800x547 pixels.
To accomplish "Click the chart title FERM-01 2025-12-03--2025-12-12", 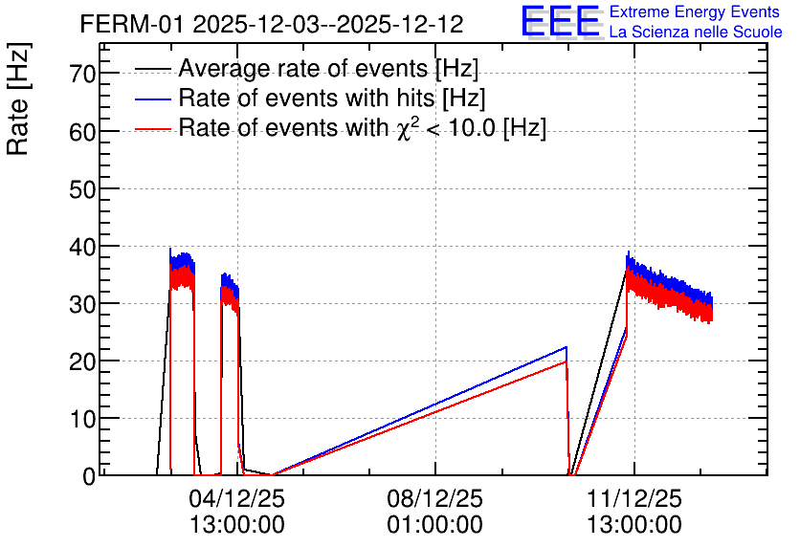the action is pos(272,24).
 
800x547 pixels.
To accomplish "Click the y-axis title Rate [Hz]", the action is pos(18,99).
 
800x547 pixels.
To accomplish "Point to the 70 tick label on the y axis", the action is pos(82,75).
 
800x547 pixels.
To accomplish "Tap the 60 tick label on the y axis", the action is pos(82,132).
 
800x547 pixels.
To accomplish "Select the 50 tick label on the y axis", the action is pos(82,189).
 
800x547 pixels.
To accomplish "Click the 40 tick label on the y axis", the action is pos(82,247).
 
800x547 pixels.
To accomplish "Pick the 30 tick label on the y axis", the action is pos(82,304).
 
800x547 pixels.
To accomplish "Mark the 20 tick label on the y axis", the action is pos(82,361).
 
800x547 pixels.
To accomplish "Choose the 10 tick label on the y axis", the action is pos(82,419).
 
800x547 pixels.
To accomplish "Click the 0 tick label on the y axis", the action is pos(89,476).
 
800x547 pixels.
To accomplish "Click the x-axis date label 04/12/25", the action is pos(237,498).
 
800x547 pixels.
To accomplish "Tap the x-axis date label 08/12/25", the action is pos(435,498).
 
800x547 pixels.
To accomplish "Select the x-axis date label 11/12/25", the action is pos(634,498).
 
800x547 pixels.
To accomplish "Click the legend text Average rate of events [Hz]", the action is pos(328,69).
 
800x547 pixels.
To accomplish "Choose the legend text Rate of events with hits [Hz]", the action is pos(332,98).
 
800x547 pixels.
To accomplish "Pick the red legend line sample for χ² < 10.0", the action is pos(153,129).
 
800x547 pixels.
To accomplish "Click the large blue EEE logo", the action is pos(561,21).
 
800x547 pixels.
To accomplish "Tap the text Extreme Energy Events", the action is pos(695,11).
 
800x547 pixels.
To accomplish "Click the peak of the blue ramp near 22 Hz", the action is pos(567,346).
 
